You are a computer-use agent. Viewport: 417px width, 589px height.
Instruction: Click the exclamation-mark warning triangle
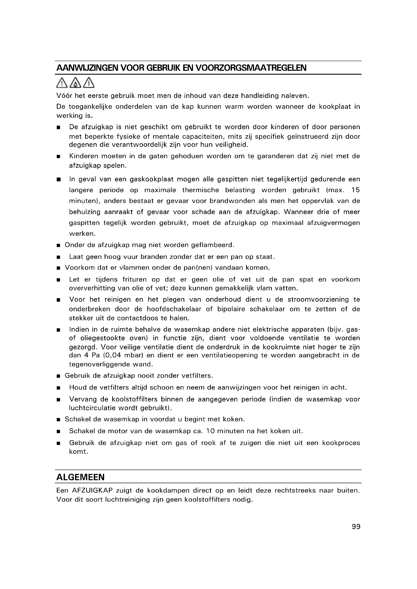[x=61, y=83]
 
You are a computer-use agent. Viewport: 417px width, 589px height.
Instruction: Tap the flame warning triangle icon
[x=75, y=83]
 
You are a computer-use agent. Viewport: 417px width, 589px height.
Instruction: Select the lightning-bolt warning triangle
[x=89, y=83]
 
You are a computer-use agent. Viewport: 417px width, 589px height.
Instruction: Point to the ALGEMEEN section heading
[x=80, y=477]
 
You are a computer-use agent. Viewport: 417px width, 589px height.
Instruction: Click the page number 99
[x=356, y=527]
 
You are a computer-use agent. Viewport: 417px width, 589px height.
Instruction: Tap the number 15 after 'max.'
[x=356, y=190]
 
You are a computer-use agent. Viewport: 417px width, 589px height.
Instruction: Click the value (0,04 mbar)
[x=118, y=355]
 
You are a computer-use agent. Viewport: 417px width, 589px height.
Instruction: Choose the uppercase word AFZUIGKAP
[x=93, y=491]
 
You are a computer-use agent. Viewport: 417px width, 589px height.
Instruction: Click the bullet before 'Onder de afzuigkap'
[x=58, y=246]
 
